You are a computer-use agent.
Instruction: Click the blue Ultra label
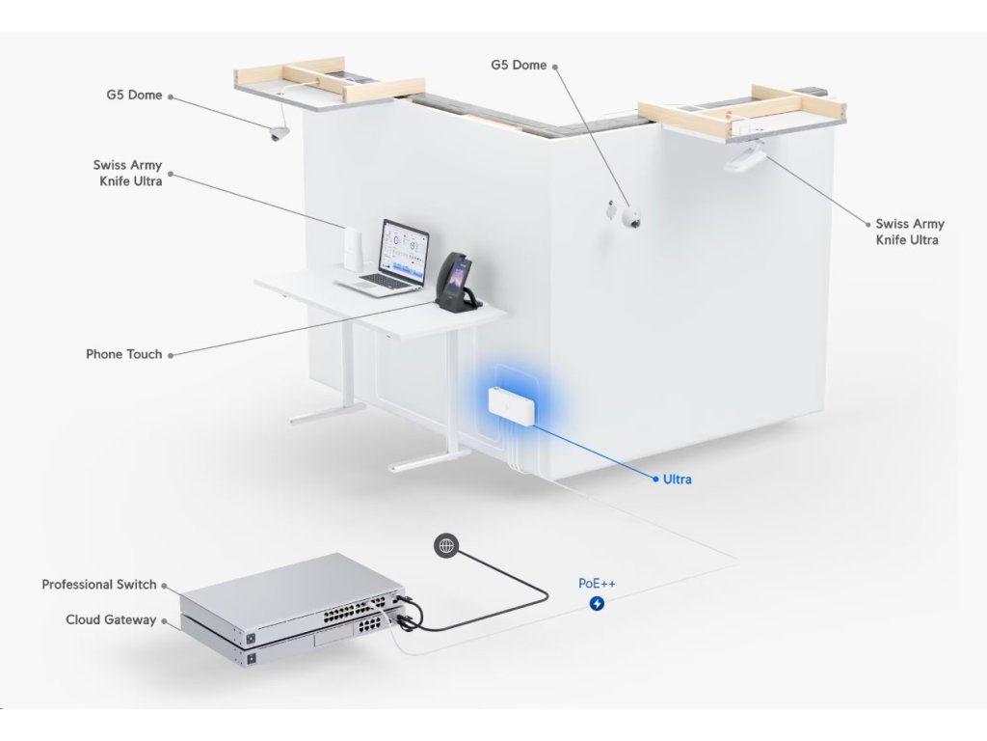[x=677, y=480]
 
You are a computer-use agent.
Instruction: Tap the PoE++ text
[x=597, y=584]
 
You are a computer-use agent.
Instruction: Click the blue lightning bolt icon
[x=597, y=604]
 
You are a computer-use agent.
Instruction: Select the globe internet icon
[x=446, y=546]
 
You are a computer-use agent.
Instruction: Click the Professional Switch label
[x=98, y=585]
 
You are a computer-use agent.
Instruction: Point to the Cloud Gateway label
[x=110, y=619]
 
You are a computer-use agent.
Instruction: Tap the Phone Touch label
[x=123, y=354]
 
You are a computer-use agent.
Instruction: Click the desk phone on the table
[x=456, y=282]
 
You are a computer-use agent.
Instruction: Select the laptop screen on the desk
[x=405, y=250]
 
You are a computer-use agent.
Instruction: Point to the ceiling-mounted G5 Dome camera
[x=279, y=134]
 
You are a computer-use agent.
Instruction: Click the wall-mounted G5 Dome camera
[x=631, y=219]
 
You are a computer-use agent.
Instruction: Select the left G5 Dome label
[x=134, y=96]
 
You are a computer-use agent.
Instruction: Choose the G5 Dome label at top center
[x=519, y=65]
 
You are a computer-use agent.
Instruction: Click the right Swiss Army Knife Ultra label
[x=909, y=232]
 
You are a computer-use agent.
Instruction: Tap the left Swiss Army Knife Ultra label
[x=128, y=173]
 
